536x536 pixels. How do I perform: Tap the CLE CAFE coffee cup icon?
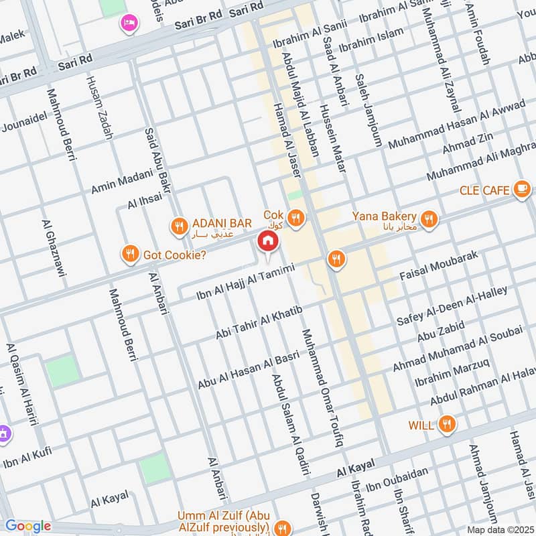click(521, 190)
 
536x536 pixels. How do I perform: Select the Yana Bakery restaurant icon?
click(429, 218)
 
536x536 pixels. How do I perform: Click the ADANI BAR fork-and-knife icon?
click(178, 226)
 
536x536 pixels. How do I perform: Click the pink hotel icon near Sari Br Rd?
click(127, 23)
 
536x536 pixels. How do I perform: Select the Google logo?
click(27, 526)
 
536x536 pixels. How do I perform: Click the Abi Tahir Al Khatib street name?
click(259, 322)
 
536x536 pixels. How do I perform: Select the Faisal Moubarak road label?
click(438, 266)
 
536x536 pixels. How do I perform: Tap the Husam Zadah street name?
click(100, 108)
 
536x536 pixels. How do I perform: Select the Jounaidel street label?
click(25, 119)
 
